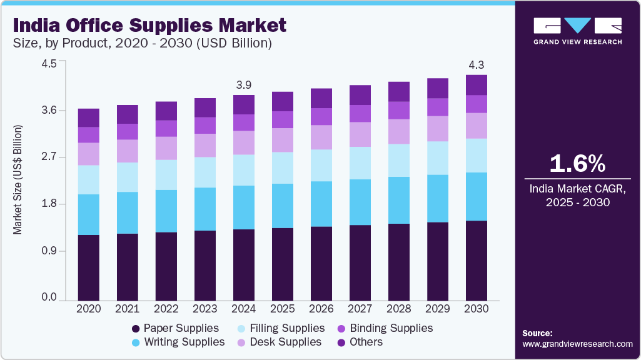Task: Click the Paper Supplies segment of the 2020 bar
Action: pyautogui.click(x=89, y=267)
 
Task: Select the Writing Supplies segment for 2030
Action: pyautogui.click(x=477, y=196)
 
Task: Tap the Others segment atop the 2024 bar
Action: pyautogui.click(x=244, y=104)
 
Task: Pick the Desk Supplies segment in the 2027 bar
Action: pyautogui.click(x=360, y=134)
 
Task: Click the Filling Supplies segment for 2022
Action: pyautogui.click(x=166, y=174)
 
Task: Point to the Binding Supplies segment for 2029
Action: pyautogui.click(x=438, y=107)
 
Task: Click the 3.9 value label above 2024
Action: pyautogui.click(x=244, y=84)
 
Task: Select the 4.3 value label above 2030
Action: pyautogui.click(x=477, y=64)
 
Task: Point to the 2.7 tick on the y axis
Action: pyautogui.click(x=49, y=157)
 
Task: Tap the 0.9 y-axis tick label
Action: pyautogui.click(x=49, y=251)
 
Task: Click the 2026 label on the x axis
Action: pyautogui.click(x=321, y=309)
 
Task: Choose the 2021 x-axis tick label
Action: pyautogui.click(x=128, y=309)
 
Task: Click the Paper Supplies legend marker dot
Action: pyautogui.click(x=136, y=329)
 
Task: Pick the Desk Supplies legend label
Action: pyautogui.click(x=285, y=342)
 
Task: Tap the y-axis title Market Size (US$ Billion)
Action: pyautogui.click(x=18, y=180)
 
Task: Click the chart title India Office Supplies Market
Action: pyautogui.click(x=149, y=26)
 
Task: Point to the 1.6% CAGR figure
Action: pyautogui.click(x=577, y=164)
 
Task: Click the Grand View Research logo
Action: pyautogui.click(x=577, y=30)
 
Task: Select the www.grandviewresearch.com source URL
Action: pyautogui.click(x=577, y=344)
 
